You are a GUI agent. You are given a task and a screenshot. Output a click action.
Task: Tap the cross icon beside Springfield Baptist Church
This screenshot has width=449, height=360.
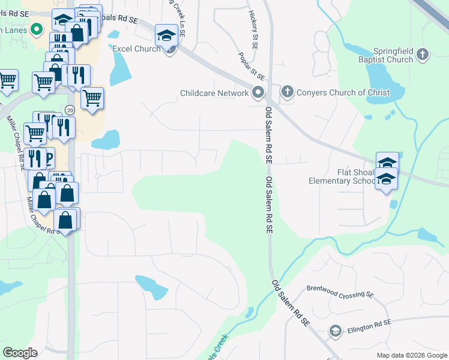[423, 55]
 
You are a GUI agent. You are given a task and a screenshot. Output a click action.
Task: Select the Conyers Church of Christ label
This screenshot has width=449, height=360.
[344, 93]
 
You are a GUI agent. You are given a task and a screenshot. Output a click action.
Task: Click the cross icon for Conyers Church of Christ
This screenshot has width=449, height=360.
[287, 92]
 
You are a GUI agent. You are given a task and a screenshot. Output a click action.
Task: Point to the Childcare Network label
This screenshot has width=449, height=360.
[214, 93]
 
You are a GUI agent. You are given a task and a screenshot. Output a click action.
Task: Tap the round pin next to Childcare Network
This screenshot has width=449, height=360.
[258, 92]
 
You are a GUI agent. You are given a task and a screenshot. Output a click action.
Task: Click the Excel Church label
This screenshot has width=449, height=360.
[136, 49]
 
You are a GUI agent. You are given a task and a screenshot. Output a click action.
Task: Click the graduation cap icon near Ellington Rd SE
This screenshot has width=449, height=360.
[335, 331]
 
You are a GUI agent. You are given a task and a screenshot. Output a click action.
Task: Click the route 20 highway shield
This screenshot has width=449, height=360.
[70, 110]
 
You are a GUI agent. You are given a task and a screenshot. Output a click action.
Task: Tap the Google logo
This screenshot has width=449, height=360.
[20, 353]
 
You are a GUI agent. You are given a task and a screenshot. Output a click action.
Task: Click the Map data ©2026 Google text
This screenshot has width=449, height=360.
[411, 355]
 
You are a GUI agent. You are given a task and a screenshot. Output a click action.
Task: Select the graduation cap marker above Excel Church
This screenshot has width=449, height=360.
[166, 35]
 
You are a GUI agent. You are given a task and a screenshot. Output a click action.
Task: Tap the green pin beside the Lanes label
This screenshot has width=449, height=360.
[36, 28]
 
